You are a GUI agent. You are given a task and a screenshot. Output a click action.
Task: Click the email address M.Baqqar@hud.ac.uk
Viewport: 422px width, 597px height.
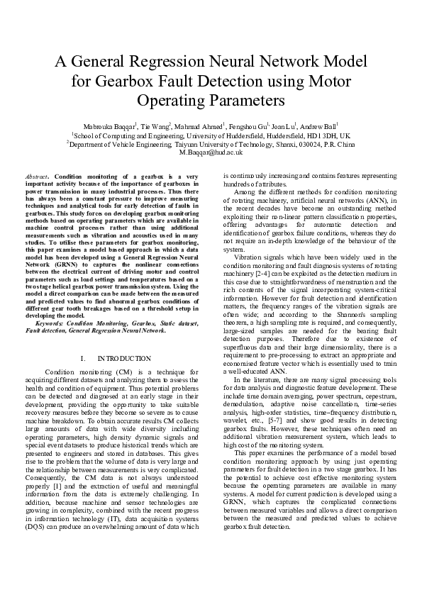(x=211, y=152)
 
